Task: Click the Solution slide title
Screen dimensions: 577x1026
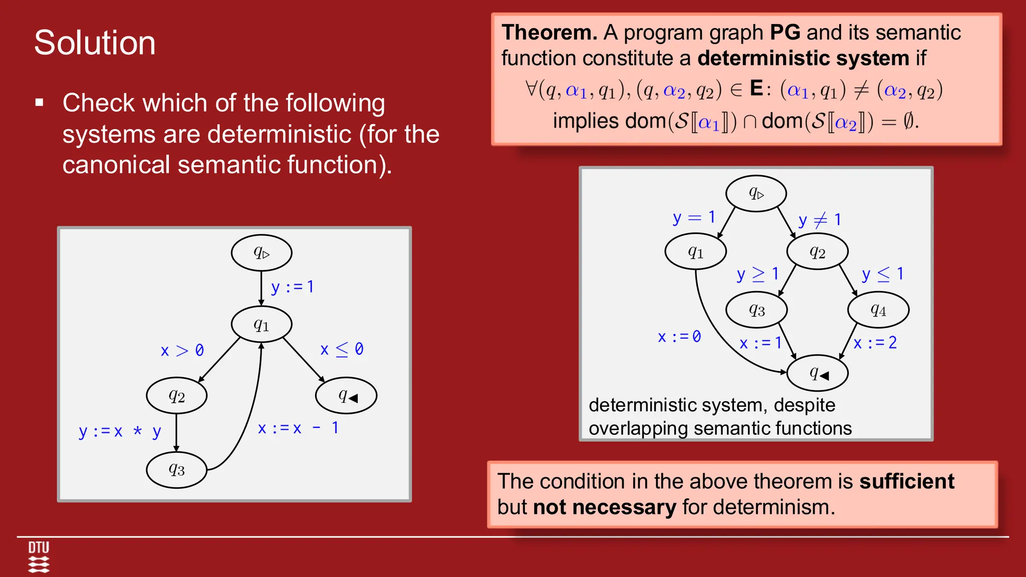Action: (95, 43)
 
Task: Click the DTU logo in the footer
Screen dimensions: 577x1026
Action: (39, 556)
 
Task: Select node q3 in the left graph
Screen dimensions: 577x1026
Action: (176, 470)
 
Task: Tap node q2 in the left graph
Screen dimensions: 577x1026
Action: (176, 396)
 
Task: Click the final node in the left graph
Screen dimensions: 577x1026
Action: (346, 396)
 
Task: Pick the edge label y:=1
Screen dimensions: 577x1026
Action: (293, 287)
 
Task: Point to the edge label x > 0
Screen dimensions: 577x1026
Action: (182, 350)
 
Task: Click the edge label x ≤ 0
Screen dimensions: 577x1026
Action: (342, 349)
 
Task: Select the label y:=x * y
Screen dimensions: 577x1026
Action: (120, 431)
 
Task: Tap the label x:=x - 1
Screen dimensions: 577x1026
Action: (298, 428)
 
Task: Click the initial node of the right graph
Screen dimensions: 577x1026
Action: (756, 193)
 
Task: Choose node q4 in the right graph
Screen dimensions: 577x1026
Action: (878, 310)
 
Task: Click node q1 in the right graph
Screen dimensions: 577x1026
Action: (695, 251)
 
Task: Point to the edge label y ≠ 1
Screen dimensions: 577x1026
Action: (820, 220)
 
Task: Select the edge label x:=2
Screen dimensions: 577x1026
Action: (875, 343)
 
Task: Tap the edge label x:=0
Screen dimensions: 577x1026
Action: (679, 337)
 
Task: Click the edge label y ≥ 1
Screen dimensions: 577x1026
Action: (757, 274)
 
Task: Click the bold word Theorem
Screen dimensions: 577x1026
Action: (549, 33)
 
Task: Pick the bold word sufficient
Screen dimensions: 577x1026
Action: (907, 481)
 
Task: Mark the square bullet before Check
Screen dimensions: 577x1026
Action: (40, 103)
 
